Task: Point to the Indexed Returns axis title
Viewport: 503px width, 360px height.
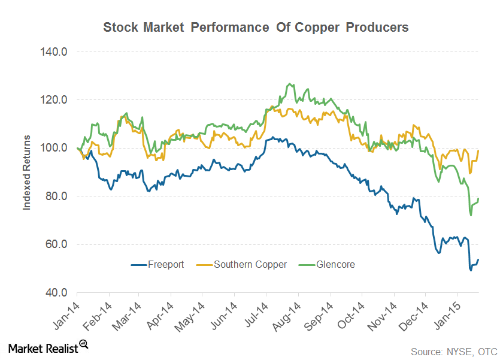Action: coord(26,172)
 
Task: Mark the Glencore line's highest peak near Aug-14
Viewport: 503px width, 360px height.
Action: coord(290,84)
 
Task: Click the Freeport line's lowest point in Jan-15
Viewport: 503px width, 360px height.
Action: coord(471,270)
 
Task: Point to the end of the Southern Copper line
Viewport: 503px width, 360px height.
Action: coord(478,150)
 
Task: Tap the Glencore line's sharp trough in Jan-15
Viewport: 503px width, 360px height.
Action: coord(471,215)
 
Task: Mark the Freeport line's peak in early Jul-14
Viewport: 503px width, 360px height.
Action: coord(273,137)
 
